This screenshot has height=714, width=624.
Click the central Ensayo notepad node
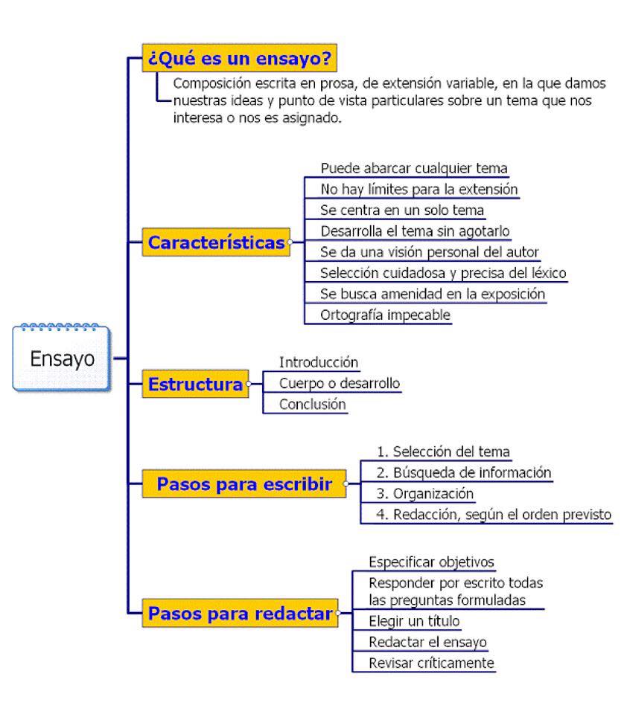pos(62,358)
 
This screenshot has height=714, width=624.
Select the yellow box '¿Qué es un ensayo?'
pos(239,58)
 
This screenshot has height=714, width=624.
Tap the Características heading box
pos(216,242)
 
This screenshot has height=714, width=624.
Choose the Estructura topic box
pos(195,384)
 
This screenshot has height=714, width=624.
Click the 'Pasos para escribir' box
pos(243,483)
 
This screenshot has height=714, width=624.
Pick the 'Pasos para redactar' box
pos(240,613)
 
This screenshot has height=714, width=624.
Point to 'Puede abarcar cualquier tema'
pos(414,168)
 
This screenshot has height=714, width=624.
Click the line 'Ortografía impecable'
pos(385,315)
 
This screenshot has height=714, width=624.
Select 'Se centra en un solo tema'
pos(401,210)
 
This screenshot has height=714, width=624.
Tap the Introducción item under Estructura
pos(319,362)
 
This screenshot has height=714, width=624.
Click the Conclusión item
pos(312,404)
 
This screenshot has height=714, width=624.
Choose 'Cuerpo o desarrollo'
pos(340,383)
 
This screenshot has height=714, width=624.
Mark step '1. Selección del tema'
pos(443,451)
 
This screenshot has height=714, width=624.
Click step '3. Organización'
pos(425,493)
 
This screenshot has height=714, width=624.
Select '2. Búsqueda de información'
pos(464,472)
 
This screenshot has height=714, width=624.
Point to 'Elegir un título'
pos(414,620)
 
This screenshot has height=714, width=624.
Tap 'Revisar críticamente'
pos(431,663)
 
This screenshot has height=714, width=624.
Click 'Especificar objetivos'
pos(431,562)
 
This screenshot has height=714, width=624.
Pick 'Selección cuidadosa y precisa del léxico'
pos(443,273)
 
